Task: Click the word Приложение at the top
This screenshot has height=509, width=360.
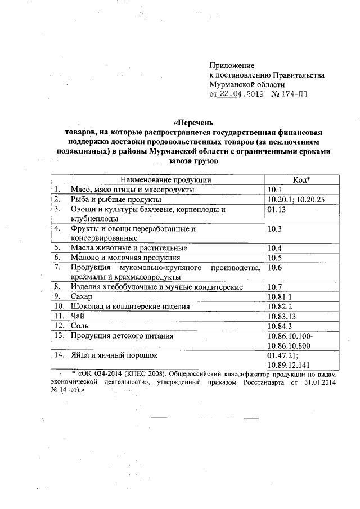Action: [232, 66]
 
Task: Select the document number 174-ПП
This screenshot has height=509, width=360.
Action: [295, 94]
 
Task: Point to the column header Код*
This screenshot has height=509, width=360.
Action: [302, 180]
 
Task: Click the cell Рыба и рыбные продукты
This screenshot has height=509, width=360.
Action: [116, 199]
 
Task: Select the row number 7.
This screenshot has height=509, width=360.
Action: [57, 267]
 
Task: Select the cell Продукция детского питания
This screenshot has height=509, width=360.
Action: [121, 335]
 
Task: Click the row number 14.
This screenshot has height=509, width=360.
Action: [58, 355]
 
